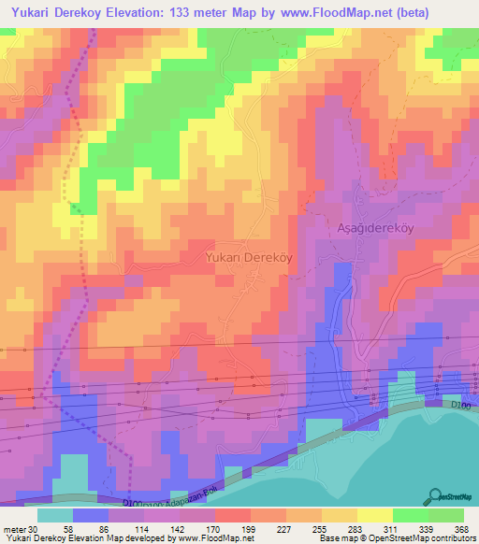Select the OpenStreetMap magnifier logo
coord(434,495)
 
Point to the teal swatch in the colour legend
coord(55,515)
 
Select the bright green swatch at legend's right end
coord(446,515)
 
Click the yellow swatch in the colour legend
coord(375,515)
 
